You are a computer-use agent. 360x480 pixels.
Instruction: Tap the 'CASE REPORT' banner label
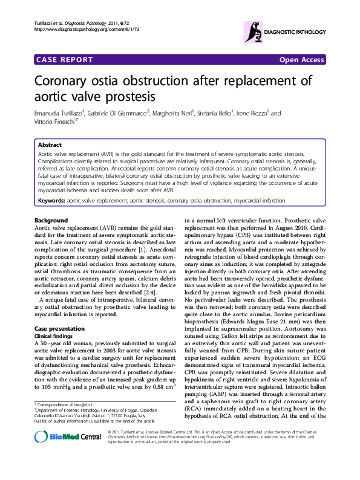click(x=65, y=60)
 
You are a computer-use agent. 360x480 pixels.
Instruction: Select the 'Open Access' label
click(x=302, y=60)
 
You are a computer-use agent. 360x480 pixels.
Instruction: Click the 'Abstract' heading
click(x=50, y=146)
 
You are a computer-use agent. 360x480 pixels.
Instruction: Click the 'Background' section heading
click(x=51, y=220)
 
